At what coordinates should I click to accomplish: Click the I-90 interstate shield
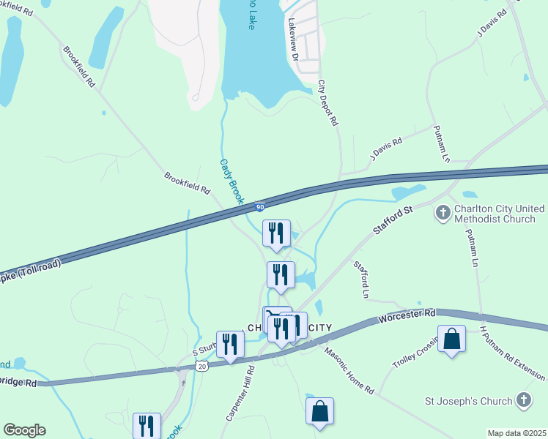260,207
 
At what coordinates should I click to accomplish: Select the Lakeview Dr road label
294,40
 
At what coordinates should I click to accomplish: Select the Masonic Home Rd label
349,369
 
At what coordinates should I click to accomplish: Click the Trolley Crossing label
415,355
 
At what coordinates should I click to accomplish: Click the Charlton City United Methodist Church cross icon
443,213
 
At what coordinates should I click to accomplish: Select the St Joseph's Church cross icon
523,400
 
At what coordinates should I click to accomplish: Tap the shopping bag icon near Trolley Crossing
451,339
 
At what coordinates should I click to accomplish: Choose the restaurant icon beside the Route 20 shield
231,345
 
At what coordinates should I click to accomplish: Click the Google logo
24,430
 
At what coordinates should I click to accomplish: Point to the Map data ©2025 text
516,433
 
